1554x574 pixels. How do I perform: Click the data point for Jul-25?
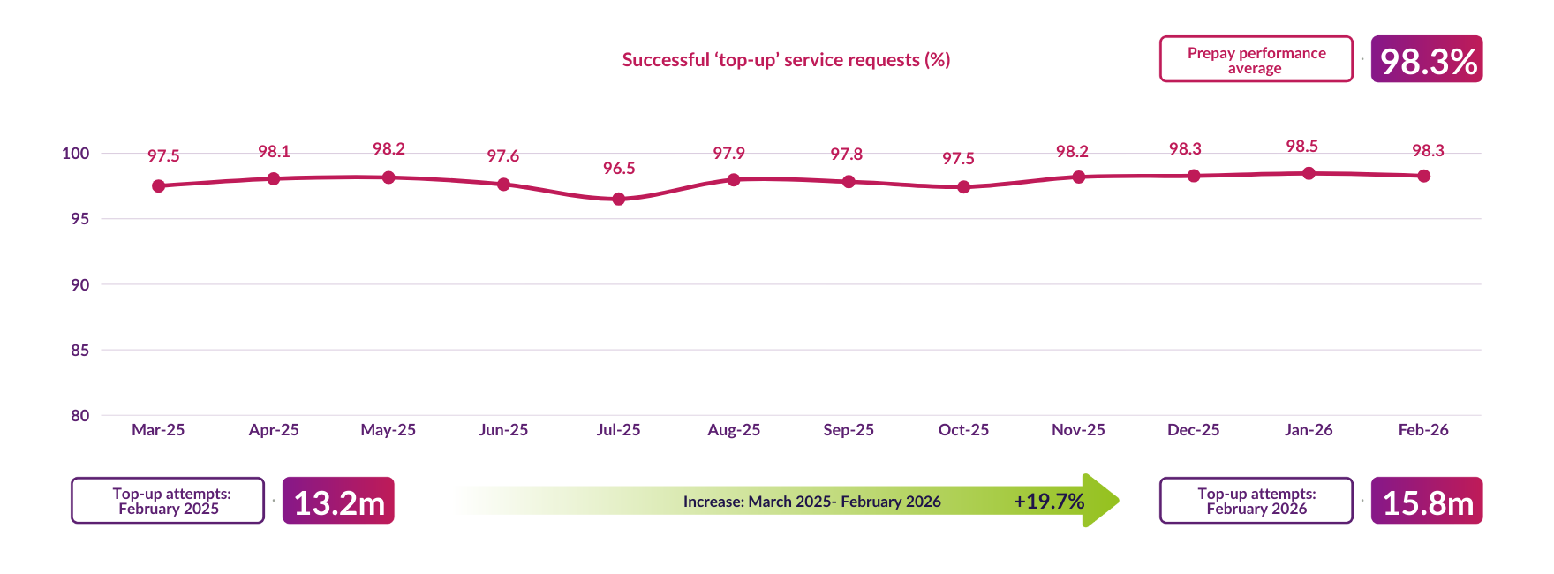pyautogui.click(x=618, y=199)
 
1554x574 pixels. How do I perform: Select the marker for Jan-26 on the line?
pyautogui.click(x=1309, y=173)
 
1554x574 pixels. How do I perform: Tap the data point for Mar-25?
pyautogui.click(x=158, y=185)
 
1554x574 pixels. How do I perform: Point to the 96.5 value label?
pyautogui.click(x=618, y=168)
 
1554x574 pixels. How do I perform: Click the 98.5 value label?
pyautogui.click(x=1301, y=146)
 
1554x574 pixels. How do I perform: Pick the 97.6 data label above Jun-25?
pyautogui.click(x=502, y=155)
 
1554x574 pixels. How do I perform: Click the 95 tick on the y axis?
pyautogui.click(x=80, y=218)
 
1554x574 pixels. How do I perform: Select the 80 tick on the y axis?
pyautogui.click(x=80, y=415)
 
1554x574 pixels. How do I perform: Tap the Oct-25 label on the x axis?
pyautogui.click(x=963, y=429)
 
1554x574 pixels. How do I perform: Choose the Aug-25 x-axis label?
pyautogui.click(x=733, y=429)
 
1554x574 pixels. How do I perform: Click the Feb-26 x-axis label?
pyautogui.click(x=1422, y=429)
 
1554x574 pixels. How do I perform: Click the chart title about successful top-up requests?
pyautogui.click(x=786, y=59)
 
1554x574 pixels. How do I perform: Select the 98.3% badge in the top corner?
pyautogui.click(x=1426, y=59)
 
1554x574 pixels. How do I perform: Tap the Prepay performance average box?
pyautogui.click(x=1256, y=59)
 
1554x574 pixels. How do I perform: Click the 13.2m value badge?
pyautogui.click(x=338, y=501)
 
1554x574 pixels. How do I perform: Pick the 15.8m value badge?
pyautogui.click(x=1426, y=501)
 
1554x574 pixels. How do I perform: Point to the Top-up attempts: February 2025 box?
pyautogui.click(x=168, y=501)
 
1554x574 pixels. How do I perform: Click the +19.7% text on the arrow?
pyautogui.click(x=1048, y=501)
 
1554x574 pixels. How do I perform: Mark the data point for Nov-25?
pyautogui.click(x=1078, y=177)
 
